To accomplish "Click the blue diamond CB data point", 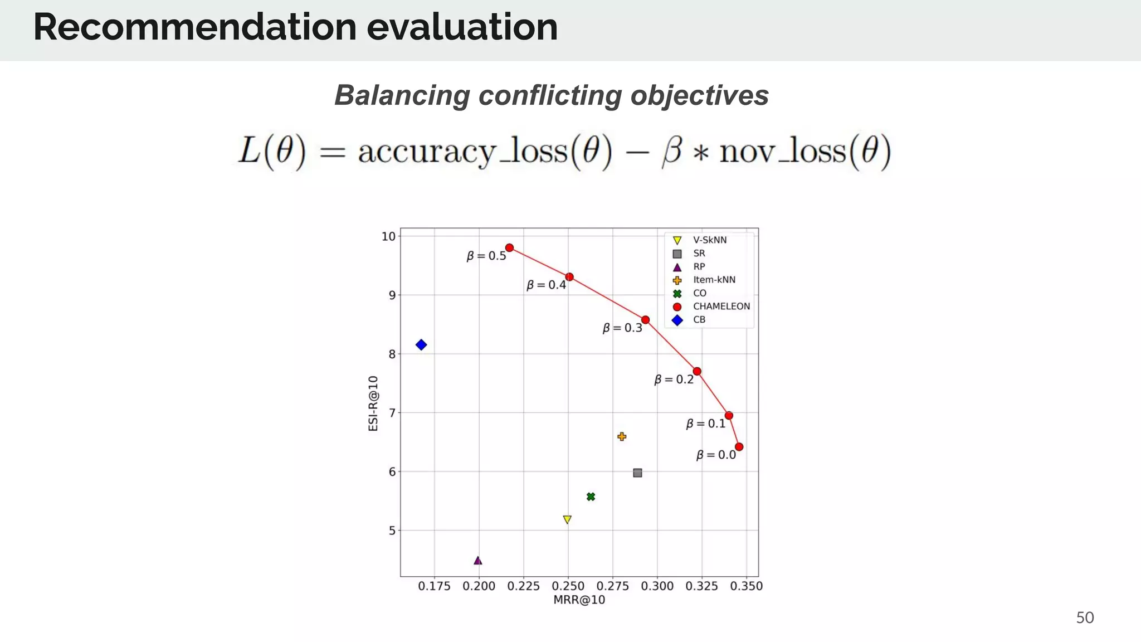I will [x=421, y=345].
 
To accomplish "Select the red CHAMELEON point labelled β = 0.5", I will [x=509, y=248].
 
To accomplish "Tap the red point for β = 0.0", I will [x=739, y=447].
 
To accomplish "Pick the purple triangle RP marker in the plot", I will [x=477, y=561].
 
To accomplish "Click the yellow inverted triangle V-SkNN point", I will [x=567, y=519].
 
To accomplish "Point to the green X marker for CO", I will [x=591, y=497].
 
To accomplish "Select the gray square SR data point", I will [x=637, y=473].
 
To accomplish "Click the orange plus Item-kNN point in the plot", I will [x=622, y=437].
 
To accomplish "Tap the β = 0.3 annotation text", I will [x=622, y=328].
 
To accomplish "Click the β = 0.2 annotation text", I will [x=674, y=380].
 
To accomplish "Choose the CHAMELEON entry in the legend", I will [x=721, y=307].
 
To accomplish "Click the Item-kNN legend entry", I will [x=714, y=280].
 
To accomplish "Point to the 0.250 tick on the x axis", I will [x=568, y=586].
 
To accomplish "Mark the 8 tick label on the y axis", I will [x=392, y=354].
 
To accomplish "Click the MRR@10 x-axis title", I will [x=579, y=600].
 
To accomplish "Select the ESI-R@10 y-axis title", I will [x=373, y=403].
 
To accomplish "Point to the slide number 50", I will [x=1084, y=618].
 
